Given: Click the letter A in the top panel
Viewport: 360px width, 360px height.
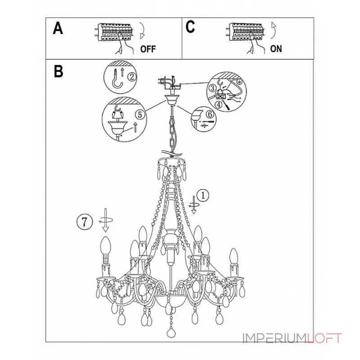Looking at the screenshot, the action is point(58,28).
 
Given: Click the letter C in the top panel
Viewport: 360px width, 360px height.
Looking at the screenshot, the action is point(190,27).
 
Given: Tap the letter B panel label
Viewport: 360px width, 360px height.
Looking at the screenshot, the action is point(58,72).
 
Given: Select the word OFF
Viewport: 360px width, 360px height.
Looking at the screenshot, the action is point(148,49).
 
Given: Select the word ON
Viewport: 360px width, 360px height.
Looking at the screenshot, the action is point(276,49).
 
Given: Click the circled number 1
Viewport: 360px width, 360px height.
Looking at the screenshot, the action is point(203,196).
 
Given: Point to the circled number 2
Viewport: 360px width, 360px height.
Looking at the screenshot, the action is point(132,76).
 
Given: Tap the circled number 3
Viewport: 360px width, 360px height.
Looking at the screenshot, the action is point(212,88).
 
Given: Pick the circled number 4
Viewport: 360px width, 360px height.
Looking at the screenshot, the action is point(219,105).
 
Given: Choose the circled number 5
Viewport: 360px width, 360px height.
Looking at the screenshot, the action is point(140,114).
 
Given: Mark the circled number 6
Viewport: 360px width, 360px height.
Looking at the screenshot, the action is point(210,114).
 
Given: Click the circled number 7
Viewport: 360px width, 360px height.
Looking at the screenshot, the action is point(85,222).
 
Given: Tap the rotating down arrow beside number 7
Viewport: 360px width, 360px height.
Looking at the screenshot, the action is point(106,220).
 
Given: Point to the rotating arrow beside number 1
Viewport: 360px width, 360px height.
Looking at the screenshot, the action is point(193,205).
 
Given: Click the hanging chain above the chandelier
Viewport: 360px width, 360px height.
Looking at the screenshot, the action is point(172,131).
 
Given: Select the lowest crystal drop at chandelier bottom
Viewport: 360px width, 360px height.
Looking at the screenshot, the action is point(171,333).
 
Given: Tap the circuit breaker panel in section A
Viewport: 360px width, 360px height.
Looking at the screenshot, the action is point(114,32).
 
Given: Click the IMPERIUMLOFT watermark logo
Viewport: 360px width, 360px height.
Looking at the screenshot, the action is point(292,338).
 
